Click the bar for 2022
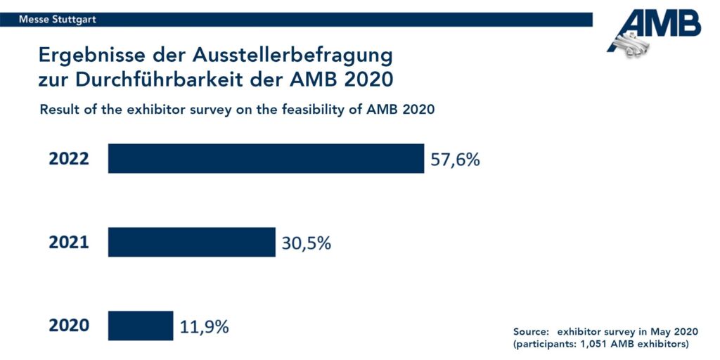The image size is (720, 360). (x=266, y=159)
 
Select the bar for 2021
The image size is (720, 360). (x=191, y=242)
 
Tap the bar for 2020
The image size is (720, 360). (x=140, y=326)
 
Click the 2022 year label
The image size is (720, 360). (x=69, y=159)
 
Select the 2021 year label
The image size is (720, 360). (x=69, y=243)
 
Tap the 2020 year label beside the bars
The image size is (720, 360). (x=69, y=326)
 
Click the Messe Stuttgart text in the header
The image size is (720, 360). (x=58, y=20)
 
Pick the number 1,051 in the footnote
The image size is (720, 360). (x=598, y=344)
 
